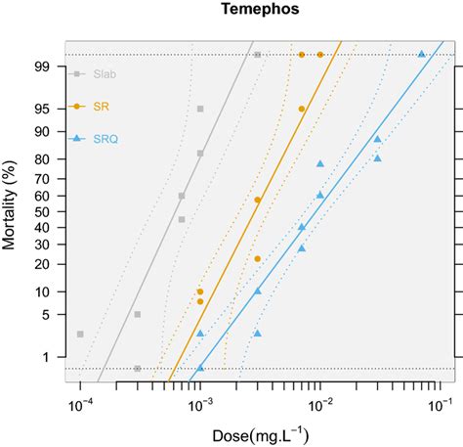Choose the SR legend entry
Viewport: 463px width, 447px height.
pyautogui.click(x=100, y=107)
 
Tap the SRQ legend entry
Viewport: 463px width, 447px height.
pyautogui.click(x=105, y=140)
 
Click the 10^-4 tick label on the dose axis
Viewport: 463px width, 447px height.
pyautogui.click(x=80, y=404)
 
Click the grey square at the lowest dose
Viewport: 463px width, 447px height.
pyautogui.click(x=80, y=335)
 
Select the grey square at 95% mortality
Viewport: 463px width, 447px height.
pyautogui.click(x=200, y=109)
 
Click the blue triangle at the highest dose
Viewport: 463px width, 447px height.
pyautogui.click(x=422, y=55)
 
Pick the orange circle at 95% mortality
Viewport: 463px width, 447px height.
pyautogui.click(x=302, y=109)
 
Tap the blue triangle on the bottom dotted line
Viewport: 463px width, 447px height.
pyautogui.click(x=200, y=369)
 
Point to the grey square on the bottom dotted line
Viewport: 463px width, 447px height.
pyautogui.click(x=138, y=369)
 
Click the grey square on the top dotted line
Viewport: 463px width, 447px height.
pyautogui.click(x=257, y=55)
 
